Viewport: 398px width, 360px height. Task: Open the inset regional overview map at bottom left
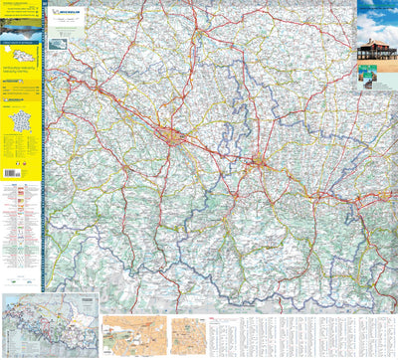pyautogui.click(x=50, y=325)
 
